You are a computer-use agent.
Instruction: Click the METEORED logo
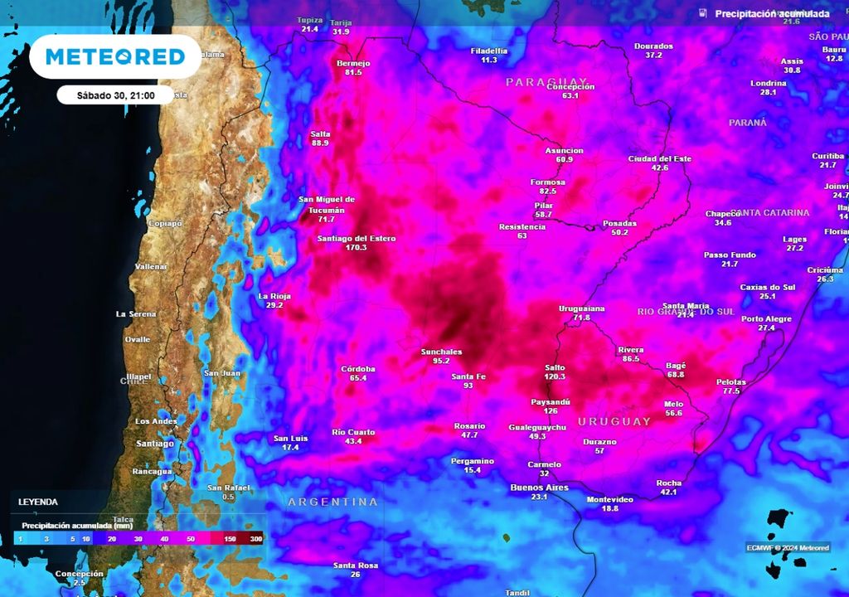pyautogui.click(x=114, y=56)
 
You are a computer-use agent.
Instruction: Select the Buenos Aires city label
pyautogui.click(x=539, y=488)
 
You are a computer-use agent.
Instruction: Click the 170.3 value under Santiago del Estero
pyautogui.click(x=356, y=247)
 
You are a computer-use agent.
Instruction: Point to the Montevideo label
pyautogui.click(x=609, y=499)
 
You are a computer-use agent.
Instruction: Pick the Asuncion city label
pyautogui.click(x=564, y=150)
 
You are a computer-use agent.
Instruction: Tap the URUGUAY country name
pyautogui.click(x=614, y=421)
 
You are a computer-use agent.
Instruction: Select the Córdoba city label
pyautogui.click(x=358, y=368)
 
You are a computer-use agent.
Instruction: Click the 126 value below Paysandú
pyautogui.click(x=551, y=410)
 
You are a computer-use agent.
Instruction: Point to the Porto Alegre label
pyautogui.click(x=766, y=318)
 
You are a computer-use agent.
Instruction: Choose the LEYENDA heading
pyautogui.click(x=38, y=502)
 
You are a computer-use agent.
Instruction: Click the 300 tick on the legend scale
pyautogui.click(x=256, y=540)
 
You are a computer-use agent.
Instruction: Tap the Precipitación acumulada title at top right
pyautogui.click(x=772, y=14)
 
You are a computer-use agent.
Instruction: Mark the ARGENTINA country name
pyautogui.click(x=332, y=502)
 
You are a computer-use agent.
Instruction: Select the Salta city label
pyautogui.click(x=320, y=133)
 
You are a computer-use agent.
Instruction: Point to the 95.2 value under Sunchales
pyautogui.click(x=441, y=361)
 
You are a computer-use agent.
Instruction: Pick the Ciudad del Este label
pyautogui.click(x=659, y=158)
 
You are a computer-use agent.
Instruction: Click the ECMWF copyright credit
pyautogui.click(x=793, y=546)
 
